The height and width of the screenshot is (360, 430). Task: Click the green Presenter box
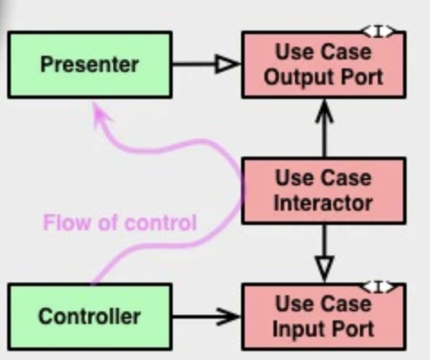89,65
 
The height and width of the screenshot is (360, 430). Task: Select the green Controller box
89,316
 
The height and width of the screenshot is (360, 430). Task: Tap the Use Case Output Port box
323,65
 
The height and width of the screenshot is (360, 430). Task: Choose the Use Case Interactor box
323,190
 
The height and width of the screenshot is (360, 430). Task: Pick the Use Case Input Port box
323,316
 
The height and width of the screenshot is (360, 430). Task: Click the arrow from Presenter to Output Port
205,64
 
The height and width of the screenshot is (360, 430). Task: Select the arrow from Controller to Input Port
205,316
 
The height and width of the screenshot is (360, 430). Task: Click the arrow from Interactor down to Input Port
324,252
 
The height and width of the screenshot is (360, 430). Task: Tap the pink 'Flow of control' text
120,222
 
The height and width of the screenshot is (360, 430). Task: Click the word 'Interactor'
323,202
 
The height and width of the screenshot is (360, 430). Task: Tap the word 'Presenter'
89,65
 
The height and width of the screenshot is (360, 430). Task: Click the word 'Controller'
89,316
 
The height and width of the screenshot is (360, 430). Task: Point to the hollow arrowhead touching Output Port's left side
228,64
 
